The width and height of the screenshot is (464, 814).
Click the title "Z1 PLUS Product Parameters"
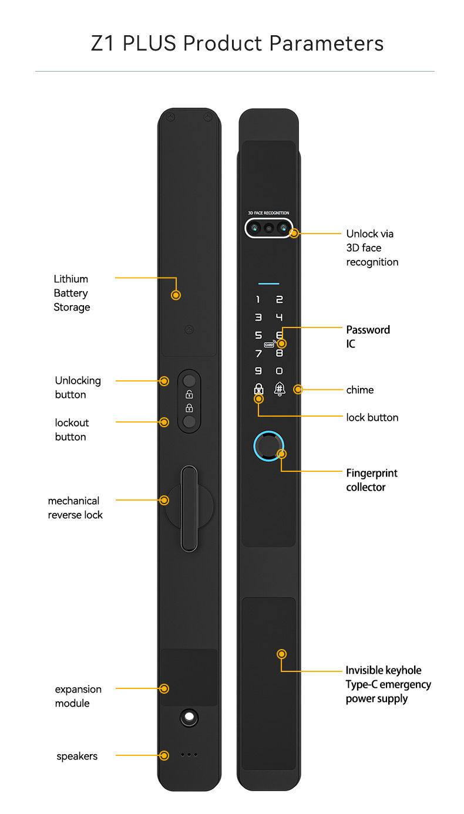(237, 43)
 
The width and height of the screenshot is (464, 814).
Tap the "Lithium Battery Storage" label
(72, 293)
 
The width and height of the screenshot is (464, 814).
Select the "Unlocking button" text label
(78, 387)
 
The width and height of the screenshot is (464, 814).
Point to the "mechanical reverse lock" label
(75, 508)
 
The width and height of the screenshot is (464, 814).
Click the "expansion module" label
(78, 696)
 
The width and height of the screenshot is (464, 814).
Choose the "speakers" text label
(77, 756)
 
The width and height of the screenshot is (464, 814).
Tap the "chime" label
(359, 390)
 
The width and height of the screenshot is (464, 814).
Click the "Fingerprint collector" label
(371, 479)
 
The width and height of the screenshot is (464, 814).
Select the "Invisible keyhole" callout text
(384, 670)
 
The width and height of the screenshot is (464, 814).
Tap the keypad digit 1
(258, 300)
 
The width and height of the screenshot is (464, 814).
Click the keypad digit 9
(258, 370)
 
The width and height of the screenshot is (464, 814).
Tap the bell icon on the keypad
(280, 388)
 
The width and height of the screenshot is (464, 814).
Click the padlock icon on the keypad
(258, 389)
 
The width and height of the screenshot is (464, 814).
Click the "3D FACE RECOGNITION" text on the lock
(268, 213)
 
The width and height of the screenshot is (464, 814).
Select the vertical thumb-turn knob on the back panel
(189, 508)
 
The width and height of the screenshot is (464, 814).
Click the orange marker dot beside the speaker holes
(164, 755)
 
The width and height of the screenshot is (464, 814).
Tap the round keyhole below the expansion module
(189, 717)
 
